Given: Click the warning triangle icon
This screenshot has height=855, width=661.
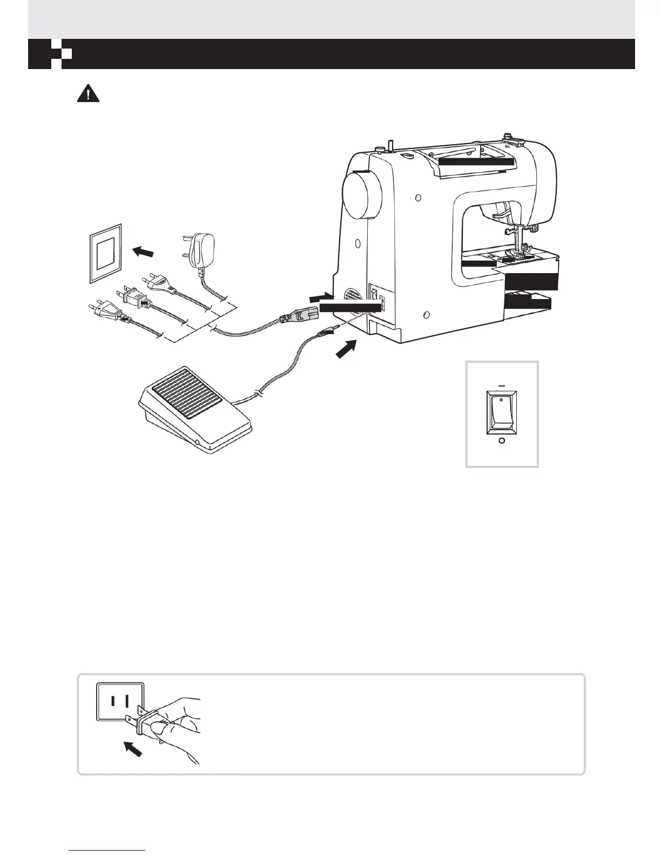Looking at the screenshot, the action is pos(88,94).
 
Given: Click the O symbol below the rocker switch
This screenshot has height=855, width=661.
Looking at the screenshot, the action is pos(502,441).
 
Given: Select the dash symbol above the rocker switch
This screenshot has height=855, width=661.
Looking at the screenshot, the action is pos(502,386).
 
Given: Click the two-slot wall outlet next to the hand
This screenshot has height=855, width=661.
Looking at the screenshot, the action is pos(120,701).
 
